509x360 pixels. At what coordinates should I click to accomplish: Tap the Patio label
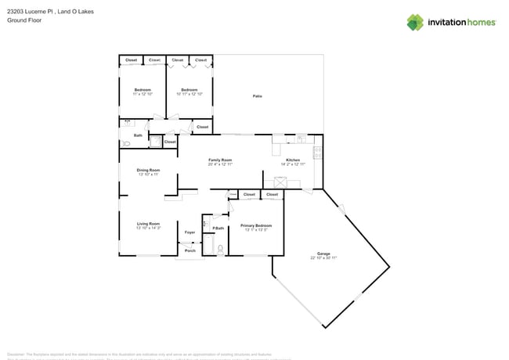[257, 96]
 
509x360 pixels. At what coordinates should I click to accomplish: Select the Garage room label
[323, 254]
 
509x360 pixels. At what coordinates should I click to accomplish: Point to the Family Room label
[220, 160]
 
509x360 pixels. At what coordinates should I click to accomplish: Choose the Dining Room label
[149, 170]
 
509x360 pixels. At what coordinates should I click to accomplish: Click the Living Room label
[148, 224]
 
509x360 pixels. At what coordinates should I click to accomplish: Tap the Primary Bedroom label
[257, 225]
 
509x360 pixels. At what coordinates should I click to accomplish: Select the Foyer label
[190, 232]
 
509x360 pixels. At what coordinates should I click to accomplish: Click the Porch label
[190, 250]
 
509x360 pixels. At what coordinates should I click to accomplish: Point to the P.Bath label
[218, 228]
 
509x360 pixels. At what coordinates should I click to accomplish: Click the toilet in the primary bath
[221, 249]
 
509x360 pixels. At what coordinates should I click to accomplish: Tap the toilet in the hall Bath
[127, 144]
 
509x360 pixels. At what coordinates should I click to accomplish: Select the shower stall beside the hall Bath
[155, 142]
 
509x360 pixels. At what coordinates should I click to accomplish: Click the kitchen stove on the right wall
[317, 150]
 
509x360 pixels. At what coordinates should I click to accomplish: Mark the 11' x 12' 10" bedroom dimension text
[142, 94]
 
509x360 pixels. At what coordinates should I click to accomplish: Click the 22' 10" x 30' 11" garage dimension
[323, 257]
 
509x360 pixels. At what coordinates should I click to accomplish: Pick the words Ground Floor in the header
[23, 21]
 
